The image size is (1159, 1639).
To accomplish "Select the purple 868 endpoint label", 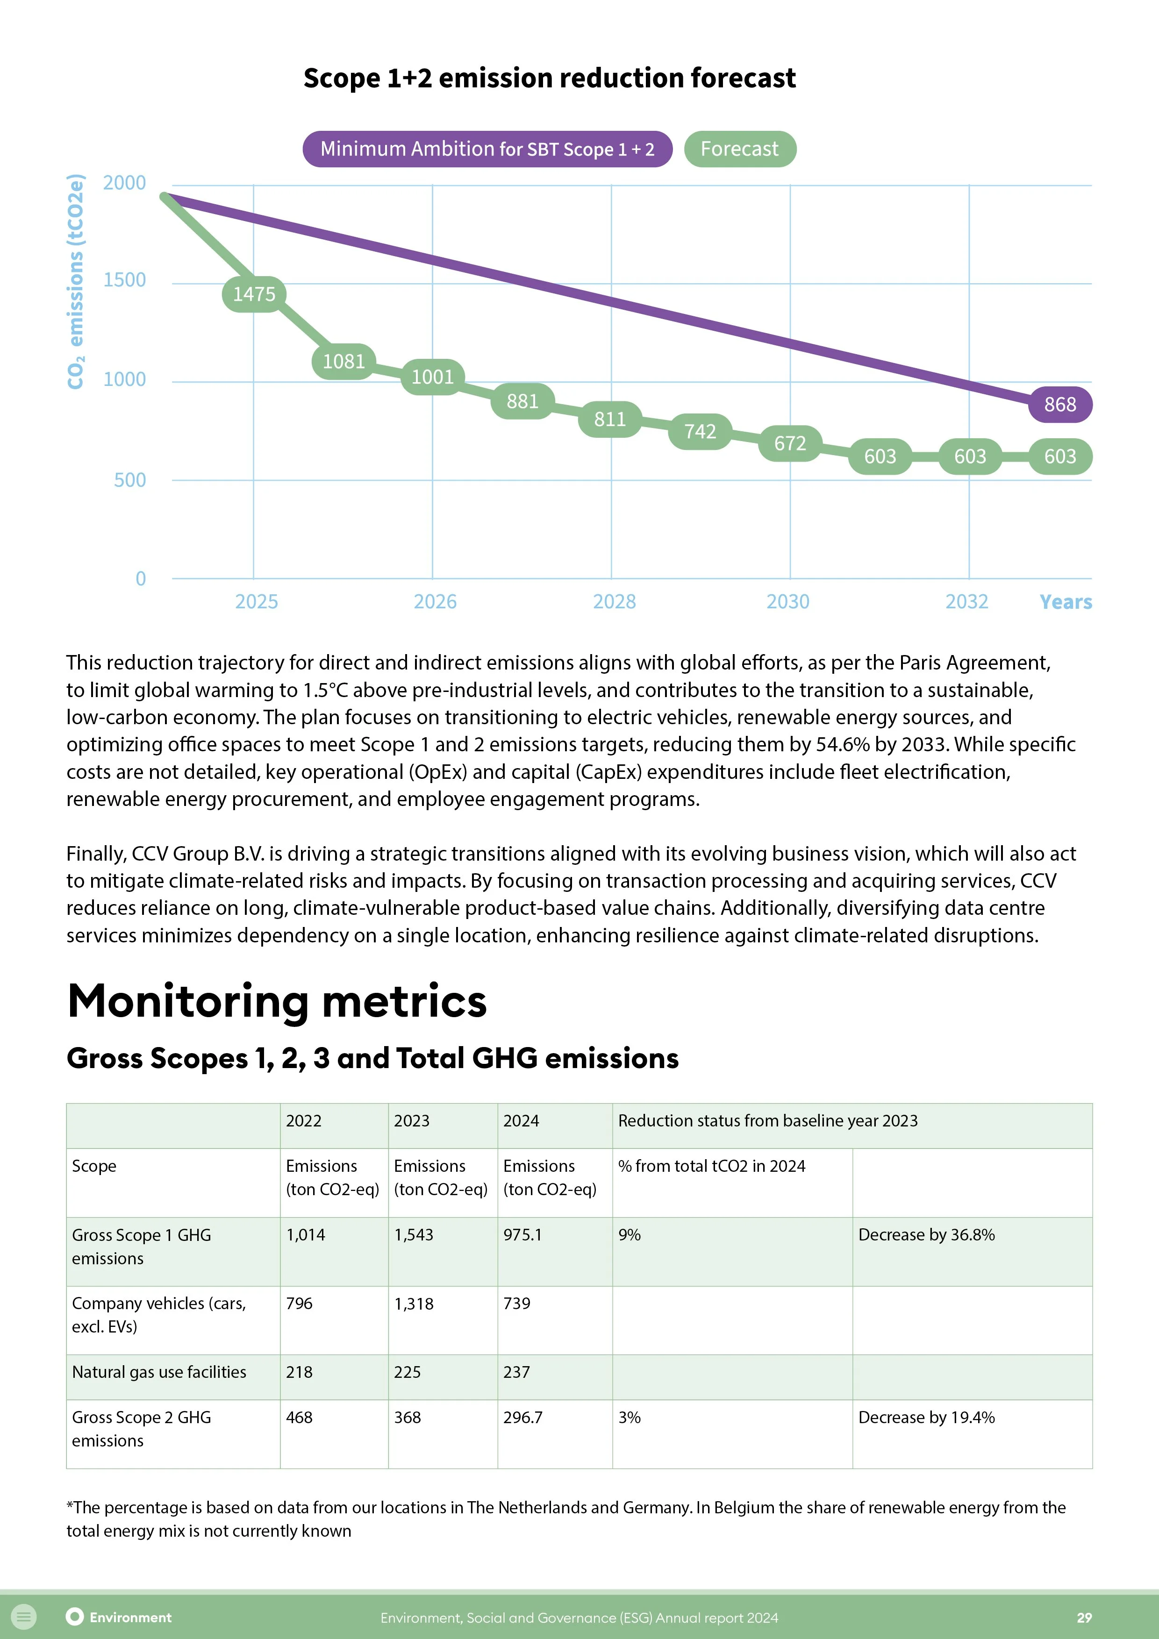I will coord(1060,405).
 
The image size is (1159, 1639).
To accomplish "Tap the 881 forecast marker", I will coord(522,402).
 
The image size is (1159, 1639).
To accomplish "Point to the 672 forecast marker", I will coord(790,443).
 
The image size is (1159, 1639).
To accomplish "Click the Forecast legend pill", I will coord(739,149).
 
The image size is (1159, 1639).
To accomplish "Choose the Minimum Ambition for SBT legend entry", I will coord(487,149).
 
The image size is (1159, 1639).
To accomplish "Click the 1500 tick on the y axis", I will coord(124,280).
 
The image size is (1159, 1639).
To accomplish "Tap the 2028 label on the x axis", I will coord(614,602).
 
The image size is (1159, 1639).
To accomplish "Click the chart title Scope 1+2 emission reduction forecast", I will coord(549,78).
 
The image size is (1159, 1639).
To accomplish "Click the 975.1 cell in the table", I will coord(523,1235).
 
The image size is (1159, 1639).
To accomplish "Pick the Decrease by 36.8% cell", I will coord(926,1235).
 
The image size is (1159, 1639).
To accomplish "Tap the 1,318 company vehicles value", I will coord(414,1304).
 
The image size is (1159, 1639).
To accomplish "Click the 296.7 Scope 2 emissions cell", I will coord(523,1417).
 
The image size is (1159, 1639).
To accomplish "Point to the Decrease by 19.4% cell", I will coord(926,1417).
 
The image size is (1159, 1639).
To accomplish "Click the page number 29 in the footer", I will coord(1084,1618).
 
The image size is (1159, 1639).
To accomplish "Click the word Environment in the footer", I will coord(131,1618).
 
